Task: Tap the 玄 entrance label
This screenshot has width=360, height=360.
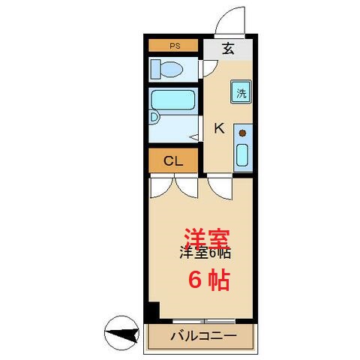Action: [228, 50]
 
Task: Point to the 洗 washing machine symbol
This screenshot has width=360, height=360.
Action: [241, 93]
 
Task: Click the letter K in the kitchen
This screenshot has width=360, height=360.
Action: [219, 128]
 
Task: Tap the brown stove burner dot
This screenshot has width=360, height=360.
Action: [242, 133]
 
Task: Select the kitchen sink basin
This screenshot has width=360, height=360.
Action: [243, 154]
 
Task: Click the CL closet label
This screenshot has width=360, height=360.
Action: [173, 160]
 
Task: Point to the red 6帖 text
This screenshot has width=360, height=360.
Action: [208, 280]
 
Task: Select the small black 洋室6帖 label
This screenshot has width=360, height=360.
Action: [204, 253]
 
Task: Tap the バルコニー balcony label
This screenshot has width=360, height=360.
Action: [202, 335]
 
